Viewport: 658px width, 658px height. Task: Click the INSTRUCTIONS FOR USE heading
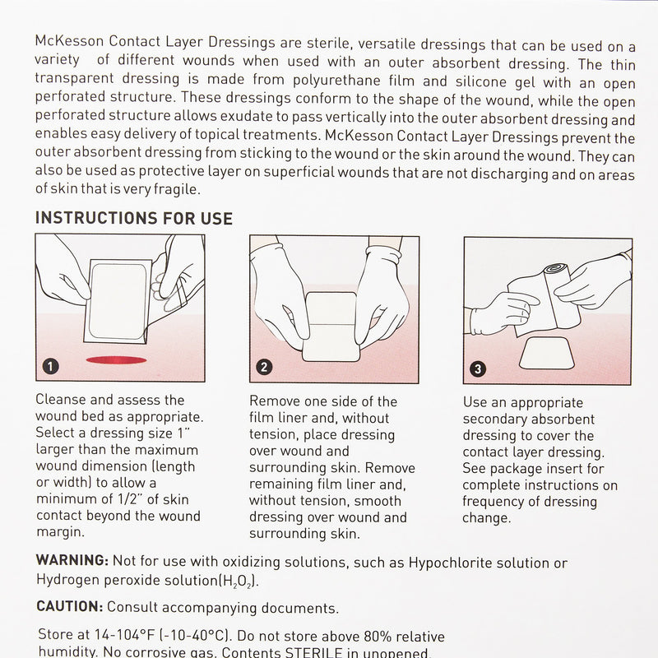[x=134, y=219]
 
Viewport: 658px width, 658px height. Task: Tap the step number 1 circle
[x=51, y=367]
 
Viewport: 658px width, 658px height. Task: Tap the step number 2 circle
[x=265, y=368]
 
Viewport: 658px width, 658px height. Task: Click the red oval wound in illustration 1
[x=115, y=359]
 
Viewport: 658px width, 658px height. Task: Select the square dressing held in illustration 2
[x=329, y=325]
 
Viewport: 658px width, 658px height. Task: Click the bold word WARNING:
[x=72, y=560]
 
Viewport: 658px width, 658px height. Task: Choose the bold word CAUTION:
[x=69, y=608]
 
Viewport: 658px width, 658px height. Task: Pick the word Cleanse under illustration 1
[x=64, y=401]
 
